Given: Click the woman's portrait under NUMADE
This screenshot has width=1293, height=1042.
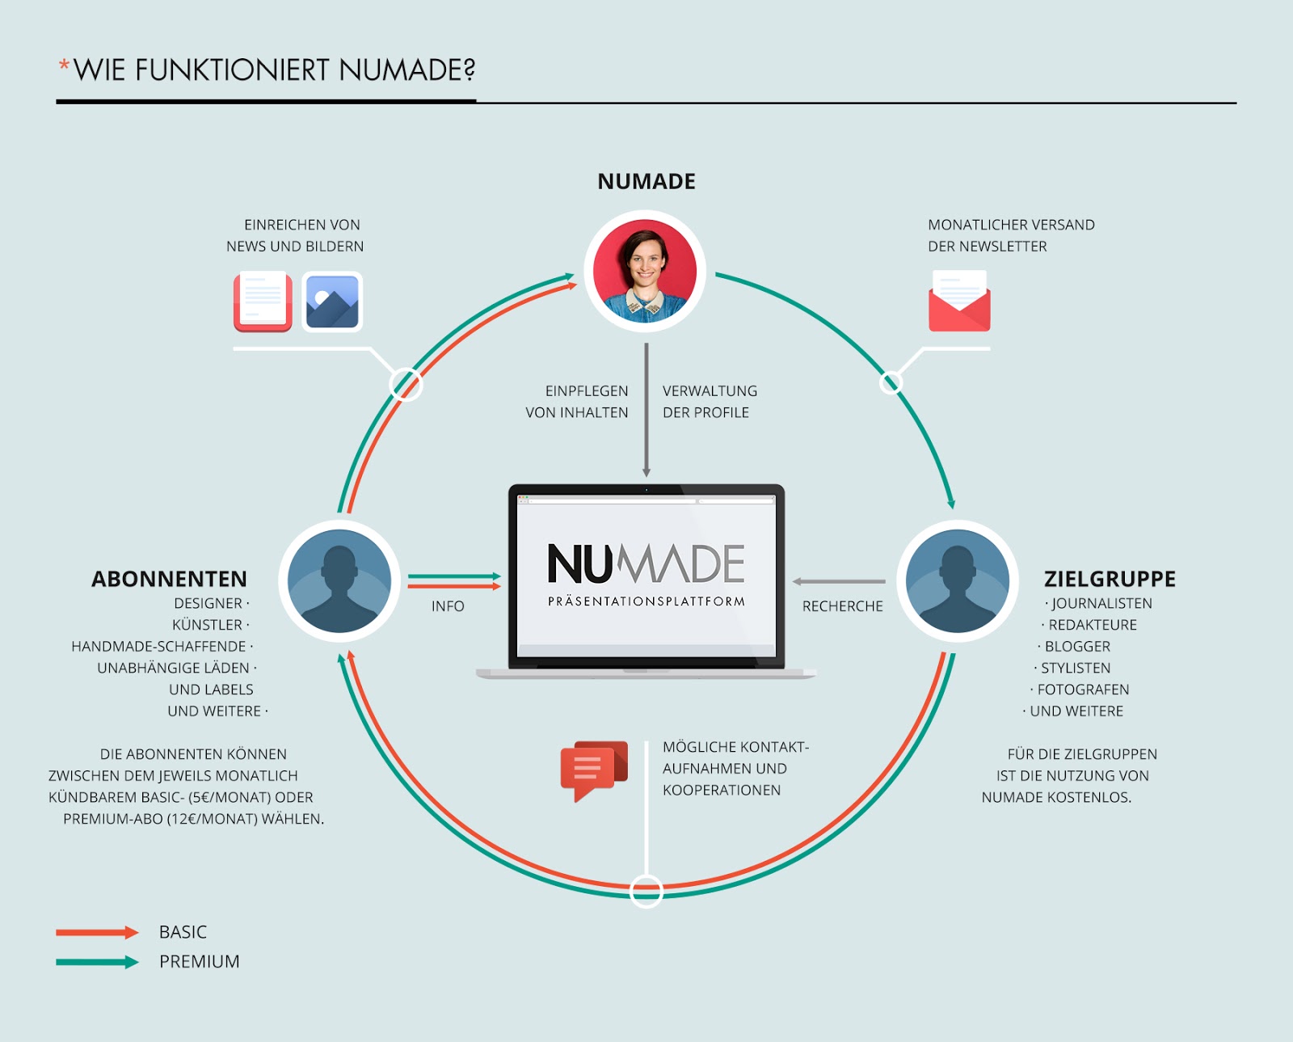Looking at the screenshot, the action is point(645,272).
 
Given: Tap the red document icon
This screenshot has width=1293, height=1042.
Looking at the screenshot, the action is point(263,302).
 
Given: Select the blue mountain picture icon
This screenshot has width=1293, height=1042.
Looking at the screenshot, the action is point(332,302).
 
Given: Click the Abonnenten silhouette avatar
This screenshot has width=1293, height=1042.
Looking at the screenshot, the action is point(339,580).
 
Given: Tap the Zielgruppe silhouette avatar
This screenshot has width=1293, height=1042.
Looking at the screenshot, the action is point(957,580).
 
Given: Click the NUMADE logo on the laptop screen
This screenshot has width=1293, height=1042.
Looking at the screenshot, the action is point(646,564).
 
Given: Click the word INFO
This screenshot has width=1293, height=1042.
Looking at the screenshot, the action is point(448,606).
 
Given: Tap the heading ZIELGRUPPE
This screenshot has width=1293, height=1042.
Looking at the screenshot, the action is point(1110,579).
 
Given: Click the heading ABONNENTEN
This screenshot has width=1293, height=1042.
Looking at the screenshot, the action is point(169,579).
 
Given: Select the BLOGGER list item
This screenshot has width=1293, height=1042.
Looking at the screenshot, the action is point(1077,647).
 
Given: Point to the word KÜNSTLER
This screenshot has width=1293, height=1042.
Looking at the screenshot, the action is point(207,625).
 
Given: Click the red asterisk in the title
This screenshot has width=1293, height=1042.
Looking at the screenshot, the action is point(64,65).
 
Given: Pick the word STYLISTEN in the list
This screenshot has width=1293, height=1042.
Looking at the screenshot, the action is point(1075,668).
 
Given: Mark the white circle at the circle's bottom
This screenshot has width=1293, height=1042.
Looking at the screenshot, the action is point(646,891).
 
